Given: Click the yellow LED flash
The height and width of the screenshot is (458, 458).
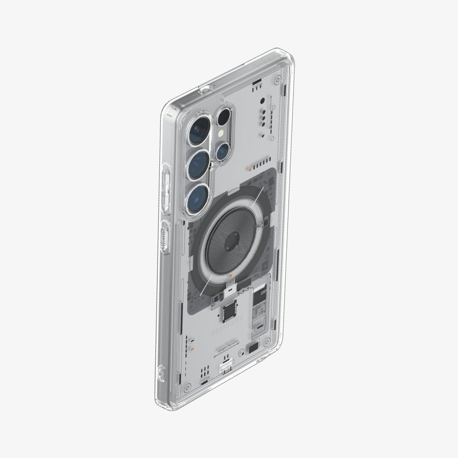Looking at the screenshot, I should click(221, 133).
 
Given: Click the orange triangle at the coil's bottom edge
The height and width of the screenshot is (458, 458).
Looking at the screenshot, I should click(229, 276).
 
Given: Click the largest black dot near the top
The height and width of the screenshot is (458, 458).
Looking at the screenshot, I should click(263, 101).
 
